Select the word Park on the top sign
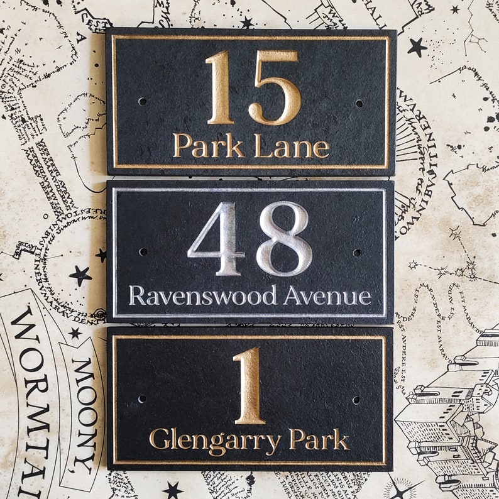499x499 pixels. pos(209,146)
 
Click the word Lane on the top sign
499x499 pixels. pos(292,147)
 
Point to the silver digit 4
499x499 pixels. pos(216,239)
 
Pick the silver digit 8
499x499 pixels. pos(284,239)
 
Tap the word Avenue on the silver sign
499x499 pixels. pos(327,295)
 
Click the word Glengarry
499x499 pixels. pos(215,440)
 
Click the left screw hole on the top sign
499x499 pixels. pos(142,101)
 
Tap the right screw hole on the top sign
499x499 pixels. pos(359,103)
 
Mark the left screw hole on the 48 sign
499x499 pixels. pos(143,251)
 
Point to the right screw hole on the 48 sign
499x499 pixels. pos(357,253)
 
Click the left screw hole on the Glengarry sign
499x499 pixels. pos(142,398)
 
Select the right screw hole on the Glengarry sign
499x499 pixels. pos(356,400)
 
